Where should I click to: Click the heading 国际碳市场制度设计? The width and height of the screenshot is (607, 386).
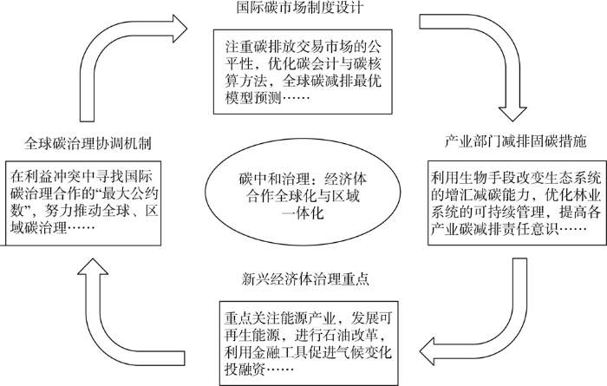(300, 7)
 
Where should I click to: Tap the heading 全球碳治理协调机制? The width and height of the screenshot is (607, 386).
(88, 144)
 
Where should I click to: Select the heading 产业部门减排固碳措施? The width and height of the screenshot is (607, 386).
(516, 141)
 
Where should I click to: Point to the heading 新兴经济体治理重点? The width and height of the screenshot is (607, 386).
(305, 278)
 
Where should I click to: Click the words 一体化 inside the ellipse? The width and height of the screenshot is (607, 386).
(303, 213)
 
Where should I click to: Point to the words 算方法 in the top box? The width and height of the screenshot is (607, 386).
(246, 81)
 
